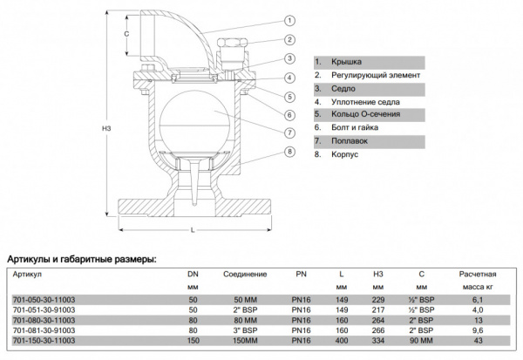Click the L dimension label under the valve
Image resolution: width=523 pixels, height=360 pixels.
coord(193,231)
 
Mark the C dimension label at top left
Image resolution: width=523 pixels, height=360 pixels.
coord(126,34)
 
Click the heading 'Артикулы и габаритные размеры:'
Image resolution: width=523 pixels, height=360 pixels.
coord(82,259)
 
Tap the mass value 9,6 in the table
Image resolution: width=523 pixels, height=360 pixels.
coord(477,330)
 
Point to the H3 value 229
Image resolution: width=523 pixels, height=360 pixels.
coord(378,299)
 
